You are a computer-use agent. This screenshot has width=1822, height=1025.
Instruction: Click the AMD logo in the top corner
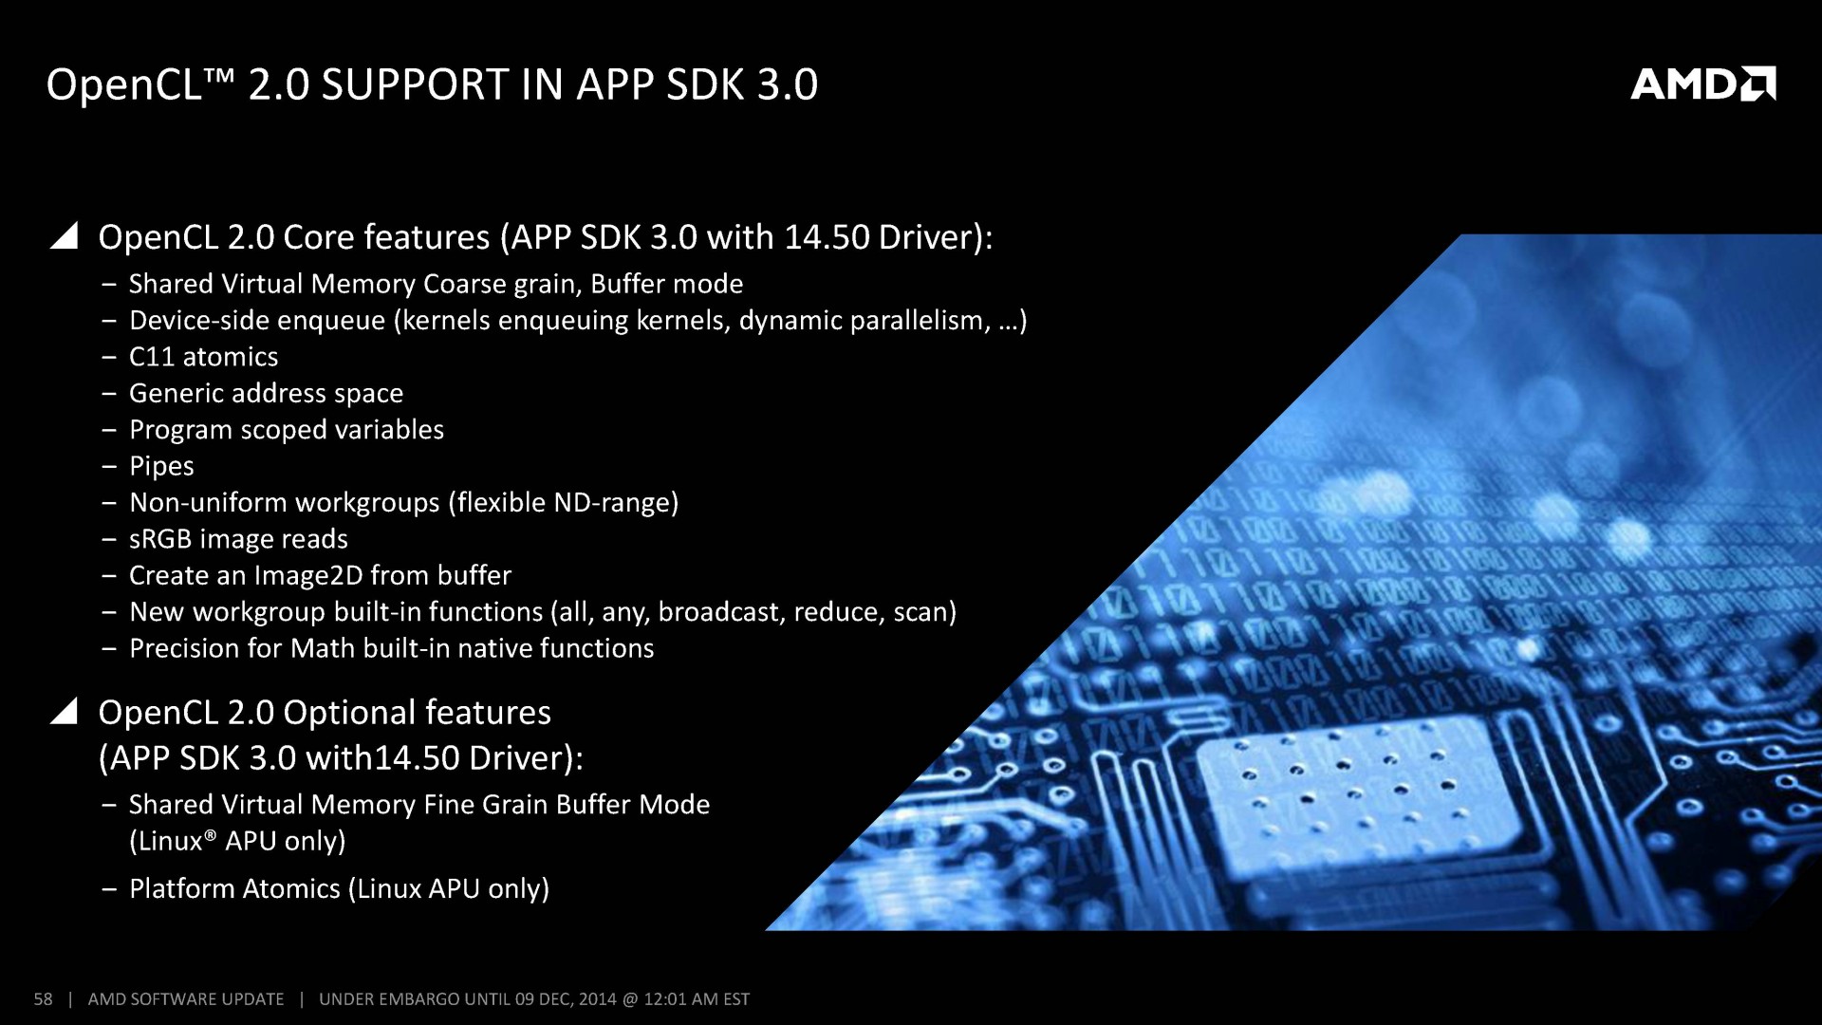1702,84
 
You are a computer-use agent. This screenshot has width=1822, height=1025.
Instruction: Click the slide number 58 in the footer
44,998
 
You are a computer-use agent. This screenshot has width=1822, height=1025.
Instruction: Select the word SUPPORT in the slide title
416,84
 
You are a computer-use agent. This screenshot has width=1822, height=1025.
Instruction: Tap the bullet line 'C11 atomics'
204,357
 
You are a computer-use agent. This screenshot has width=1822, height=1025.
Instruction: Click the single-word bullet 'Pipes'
161,466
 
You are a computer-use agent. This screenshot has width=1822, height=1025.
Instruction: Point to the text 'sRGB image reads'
238,539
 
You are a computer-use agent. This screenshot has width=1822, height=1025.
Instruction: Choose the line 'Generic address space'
267,393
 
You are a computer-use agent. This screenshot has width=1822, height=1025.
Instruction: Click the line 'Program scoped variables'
287,430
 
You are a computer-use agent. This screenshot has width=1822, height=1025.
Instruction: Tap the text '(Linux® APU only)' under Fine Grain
237,841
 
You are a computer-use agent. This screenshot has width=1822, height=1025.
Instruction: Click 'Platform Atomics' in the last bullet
234,888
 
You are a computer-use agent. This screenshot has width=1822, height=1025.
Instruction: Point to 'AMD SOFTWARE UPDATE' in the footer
186,998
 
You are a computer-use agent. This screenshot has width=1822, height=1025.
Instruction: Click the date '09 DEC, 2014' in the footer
566,998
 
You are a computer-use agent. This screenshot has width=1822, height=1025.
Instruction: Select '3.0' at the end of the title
788,84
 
